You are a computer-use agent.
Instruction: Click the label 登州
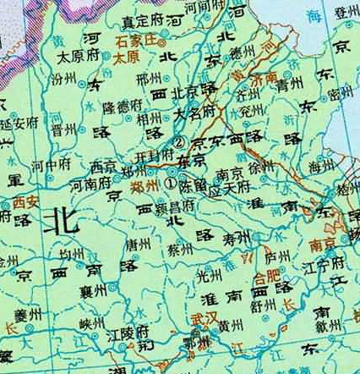tap(345, 12)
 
